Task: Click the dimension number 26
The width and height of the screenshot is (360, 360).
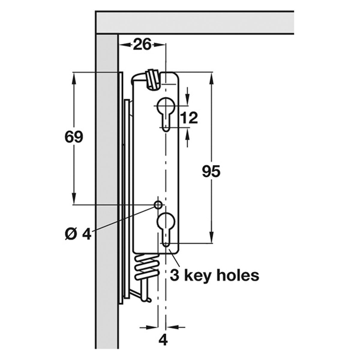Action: pos(142,45)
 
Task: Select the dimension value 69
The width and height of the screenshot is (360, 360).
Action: pos(73,137)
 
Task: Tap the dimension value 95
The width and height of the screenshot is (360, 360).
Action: pos(211,172)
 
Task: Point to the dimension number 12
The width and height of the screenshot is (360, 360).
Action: pos(189,118)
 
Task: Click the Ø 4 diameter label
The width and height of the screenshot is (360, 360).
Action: pos(78,234)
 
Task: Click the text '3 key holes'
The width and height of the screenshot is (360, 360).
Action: pos(214,275)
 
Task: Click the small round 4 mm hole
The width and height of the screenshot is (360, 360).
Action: pos(158,205)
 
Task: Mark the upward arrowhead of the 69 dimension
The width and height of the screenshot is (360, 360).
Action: pos(73,76)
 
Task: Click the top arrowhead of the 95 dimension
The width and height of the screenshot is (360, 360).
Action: pos(211,77)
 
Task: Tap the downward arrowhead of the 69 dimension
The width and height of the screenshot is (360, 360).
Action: pos(73,200)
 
